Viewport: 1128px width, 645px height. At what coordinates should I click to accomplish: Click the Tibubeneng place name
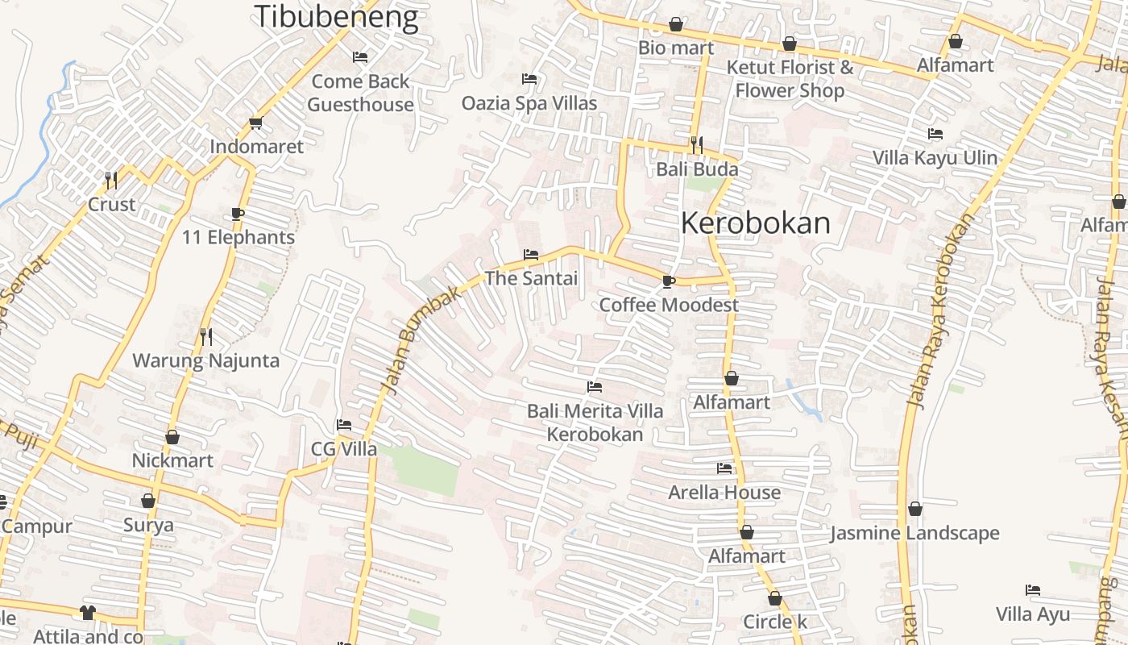(336, 17)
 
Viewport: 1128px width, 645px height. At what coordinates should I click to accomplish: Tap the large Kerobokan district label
(755, 223)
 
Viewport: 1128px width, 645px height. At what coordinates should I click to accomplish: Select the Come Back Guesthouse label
(360, 93)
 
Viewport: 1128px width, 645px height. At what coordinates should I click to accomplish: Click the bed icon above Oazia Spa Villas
(529, 79)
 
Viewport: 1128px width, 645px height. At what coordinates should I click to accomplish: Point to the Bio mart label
(676, 48)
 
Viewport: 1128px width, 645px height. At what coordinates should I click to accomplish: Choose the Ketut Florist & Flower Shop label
(790, 78)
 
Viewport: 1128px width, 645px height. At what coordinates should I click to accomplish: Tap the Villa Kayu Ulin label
(935, 157)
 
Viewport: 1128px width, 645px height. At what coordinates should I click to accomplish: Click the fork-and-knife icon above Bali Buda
(697, 145)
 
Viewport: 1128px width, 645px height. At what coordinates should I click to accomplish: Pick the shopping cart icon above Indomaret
(256, 123)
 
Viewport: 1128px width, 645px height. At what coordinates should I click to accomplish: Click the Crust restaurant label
(111, 204)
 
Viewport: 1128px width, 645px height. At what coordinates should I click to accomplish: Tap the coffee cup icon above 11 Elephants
(238, 214)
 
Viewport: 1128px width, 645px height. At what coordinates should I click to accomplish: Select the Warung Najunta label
(206, 360)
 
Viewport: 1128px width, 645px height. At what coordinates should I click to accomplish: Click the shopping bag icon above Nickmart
(172, 437)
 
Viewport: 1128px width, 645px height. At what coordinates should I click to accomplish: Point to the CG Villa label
(344, 449)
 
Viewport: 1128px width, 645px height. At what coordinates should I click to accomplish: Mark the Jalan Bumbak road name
(421, 341)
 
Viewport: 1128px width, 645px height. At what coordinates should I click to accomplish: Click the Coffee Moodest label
(669, 305)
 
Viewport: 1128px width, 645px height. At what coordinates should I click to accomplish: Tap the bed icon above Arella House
(724, 468)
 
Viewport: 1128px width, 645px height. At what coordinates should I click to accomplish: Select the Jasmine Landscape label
(914, 533)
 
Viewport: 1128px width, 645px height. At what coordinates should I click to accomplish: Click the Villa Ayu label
(1033, 614)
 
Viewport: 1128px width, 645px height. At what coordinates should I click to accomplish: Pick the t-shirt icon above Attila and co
(88, 614)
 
